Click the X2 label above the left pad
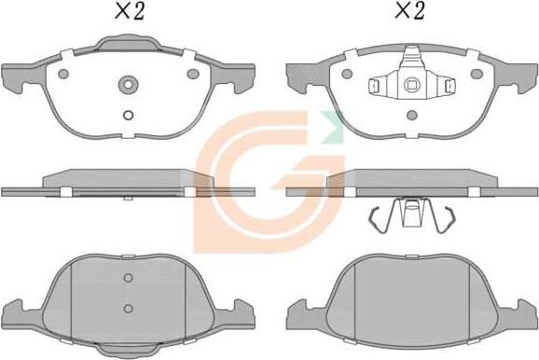129,11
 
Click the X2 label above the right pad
409,10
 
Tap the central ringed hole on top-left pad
128,85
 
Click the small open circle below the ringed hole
128,116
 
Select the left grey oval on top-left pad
63,74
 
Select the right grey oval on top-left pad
192,74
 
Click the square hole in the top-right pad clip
410,85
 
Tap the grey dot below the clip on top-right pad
412,116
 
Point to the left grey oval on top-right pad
347,74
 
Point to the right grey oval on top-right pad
477,74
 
